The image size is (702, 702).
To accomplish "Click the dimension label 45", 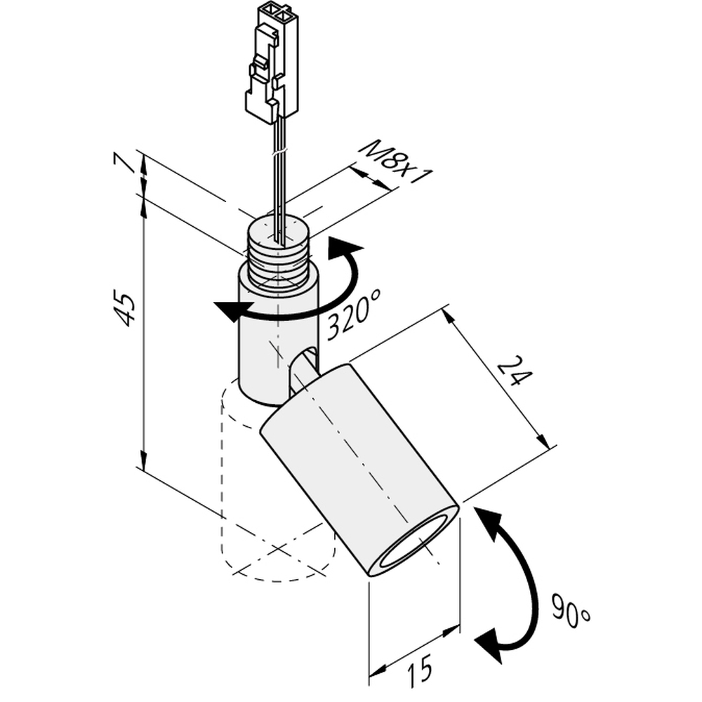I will point(125,308).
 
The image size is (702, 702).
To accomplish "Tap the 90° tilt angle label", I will point(570,611).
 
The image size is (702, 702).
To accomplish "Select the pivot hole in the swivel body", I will point(303,368).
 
